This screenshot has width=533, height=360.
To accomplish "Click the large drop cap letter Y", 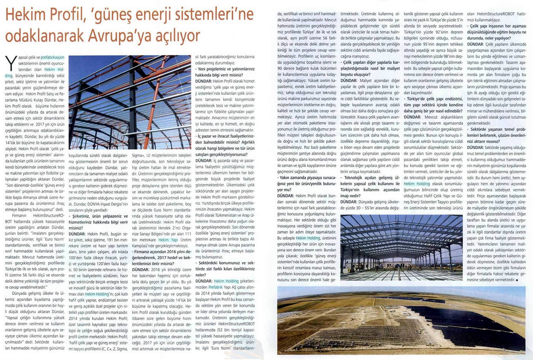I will pyautogui.click(x=11, y=63).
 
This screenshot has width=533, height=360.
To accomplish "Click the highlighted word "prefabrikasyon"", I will pyautogui.click(x=53, y=57).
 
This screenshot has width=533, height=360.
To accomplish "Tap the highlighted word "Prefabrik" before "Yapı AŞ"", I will pyautogui.click(x=215, y=287).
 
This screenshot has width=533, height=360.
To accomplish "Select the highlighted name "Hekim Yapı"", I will pyautogui.click(x=168, y=240).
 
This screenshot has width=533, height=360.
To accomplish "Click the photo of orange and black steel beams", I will pyautogui.click(x=129, y=102).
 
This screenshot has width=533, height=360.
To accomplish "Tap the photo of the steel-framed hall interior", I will pyautogui.click(x=401, y=247).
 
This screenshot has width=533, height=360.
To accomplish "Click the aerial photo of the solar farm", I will pyautogui.click(x=401, y=320).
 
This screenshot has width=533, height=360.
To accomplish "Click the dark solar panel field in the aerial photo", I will pyautogui.click(x=472, y=323).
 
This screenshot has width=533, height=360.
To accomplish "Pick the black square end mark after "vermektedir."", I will pyautogui.click(x=517, y=280).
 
